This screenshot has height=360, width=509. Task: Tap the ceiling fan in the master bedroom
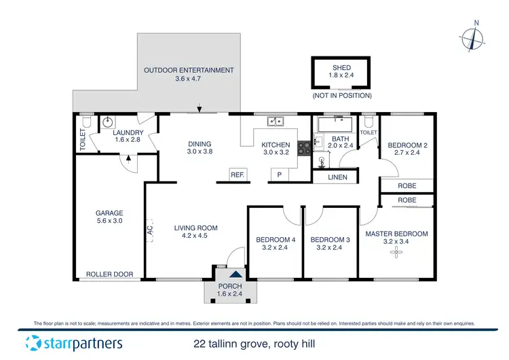point(396,253)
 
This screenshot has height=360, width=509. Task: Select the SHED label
point(341,68)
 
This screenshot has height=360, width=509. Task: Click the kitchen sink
point(276,122)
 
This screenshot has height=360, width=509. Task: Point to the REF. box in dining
point(237,175)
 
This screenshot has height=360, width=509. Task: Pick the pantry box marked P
point(279,175)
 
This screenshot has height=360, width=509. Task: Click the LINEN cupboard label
point(337,177)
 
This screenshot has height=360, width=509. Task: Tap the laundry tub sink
point(107,124)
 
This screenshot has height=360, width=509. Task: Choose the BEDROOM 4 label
point(276,240)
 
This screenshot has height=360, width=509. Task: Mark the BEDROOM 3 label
point(330,240)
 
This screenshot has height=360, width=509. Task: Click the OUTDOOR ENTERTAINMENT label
point(189,70)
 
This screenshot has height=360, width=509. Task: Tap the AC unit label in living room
point(149,231)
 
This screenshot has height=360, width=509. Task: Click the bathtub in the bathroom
point(334,125)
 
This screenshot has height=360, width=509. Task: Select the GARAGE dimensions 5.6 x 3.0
point(109,221)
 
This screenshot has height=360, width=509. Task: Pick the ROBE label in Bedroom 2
point(407,185)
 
